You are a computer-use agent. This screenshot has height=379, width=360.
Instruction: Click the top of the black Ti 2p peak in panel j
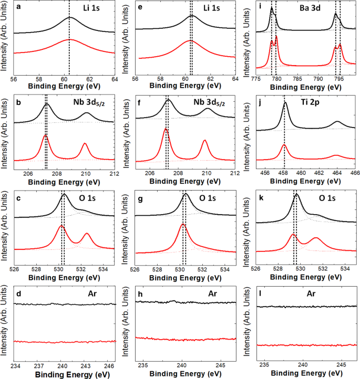[285, 103]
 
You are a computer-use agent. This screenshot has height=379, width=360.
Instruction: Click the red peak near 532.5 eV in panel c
[87, 233]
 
